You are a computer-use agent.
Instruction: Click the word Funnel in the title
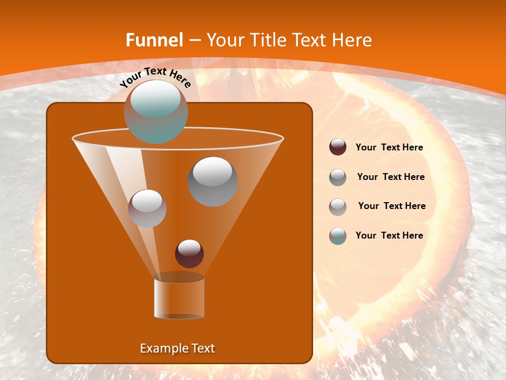coord(154,40)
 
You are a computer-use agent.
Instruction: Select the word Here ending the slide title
coord(353,40)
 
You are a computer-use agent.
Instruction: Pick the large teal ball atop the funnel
coord(156,111)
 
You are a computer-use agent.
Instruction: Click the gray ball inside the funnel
coord(213,181)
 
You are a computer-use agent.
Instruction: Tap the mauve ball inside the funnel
coord(148,208)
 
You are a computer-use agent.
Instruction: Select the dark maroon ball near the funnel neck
coord(189,253)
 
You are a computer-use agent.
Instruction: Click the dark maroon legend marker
coord(338,147)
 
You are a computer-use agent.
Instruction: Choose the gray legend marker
coord(338,177)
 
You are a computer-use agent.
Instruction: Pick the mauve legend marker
coord(338,206)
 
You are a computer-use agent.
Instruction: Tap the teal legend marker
coord(338,236)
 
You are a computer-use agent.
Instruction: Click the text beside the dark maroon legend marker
coord(389,148)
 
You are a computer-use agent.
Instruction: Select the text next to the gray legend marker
coord(391,177)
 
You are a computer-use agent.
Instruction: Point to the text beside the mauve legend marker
coord(392,206)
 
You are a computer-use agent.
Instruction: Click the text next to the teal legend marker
coord(389,235)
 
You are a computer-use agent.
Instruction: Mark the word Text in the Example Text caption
coord(202,348)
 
